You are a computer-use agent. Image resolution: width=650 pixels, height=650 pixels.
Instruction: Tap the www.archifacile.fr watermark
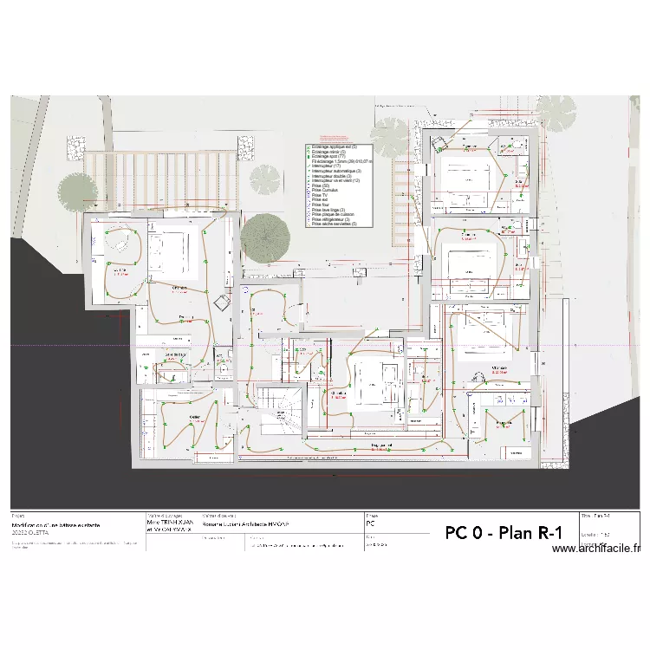pyautogui.click(x=595, y=549)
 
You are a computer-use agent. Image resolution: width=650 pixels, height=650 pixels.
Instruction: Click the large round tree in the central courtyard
pyautogui.click(x=265, y=235)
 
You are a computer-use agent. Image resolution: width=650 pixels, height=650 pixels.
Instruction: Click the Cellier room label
pyautogui.click(x=194, y=417)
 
